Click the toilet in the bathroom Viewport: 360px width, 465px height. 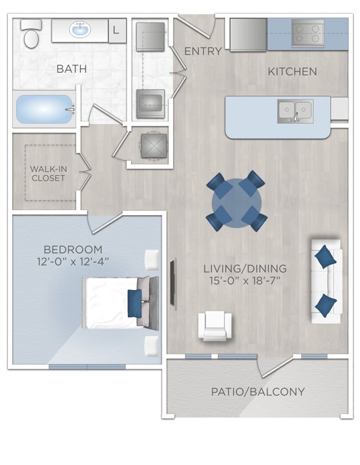point(30,34)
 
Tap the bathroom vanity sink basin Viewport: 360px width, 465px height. point(80,30)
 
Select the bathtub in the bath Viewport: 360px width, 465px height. point(44,110)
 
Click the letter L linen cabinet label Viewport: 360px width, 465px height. point(116,30)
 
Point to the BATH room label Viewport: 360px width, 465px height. point(71,68)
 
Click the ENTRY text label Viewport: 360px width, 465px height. point(203,51)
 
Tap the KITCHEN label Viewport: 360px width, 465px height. point(292,71)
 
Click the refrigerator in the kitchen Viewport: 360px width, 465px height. point(248,34)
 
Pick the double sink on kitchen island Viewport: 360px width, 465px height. point(295,110)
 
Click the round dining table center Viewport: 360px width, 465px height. point(237,203)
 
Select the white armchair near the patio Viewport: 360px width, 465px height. point(215,325)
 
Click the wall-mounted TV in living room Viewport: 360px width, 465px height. point(173,282)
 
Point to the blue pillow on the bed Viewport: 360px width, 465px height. point(135,302)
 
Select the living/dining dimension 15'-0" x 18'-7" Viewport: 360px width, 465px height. point(244,280)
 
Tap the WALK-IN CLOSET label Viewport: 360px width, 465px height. point(47,173)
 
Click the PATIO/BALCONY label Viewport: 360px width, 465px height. point(257,391)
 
